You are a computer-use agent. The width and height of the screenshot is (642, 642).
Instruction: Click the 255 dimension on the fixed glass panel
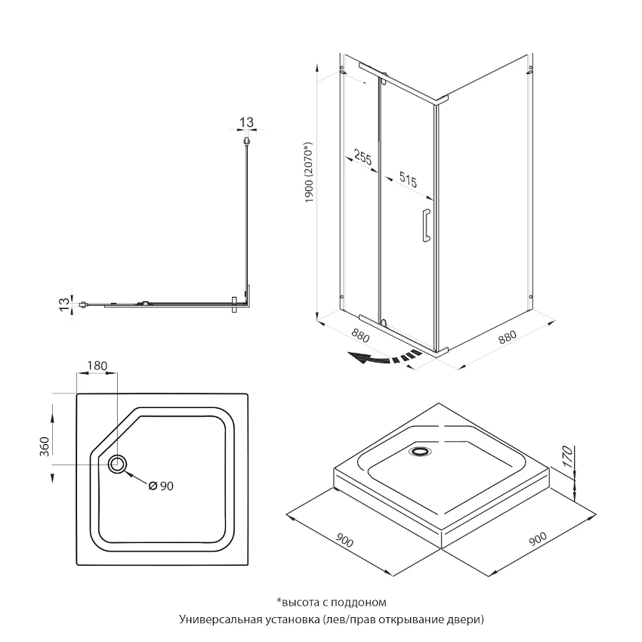pos(363,158)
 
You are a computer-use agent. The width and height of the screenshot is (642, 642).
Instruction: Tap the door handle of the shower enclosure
pos(426,225)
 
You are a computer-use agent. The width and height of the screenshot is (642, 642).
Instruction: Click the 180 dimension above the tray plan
pos(98,366)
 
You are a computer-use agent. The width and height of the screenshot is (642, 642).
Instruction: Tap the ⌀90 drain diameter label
pos(162,486)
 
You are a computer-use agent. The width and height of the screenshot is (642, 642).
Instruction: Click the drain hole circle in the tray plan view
pos(118,464)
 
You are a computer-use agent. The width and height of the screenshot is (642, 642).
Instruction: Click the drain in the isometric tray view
pos(419,452)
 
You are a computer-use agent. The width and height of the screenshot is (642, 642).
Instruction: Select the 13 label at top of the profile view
pos(246,122)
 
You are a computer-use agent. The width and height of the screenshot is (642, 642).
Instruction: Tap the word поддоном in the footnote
pos(360,602)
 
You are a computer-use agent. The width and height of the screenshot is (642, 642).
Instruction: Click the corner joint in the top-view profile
pos(243,303)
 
